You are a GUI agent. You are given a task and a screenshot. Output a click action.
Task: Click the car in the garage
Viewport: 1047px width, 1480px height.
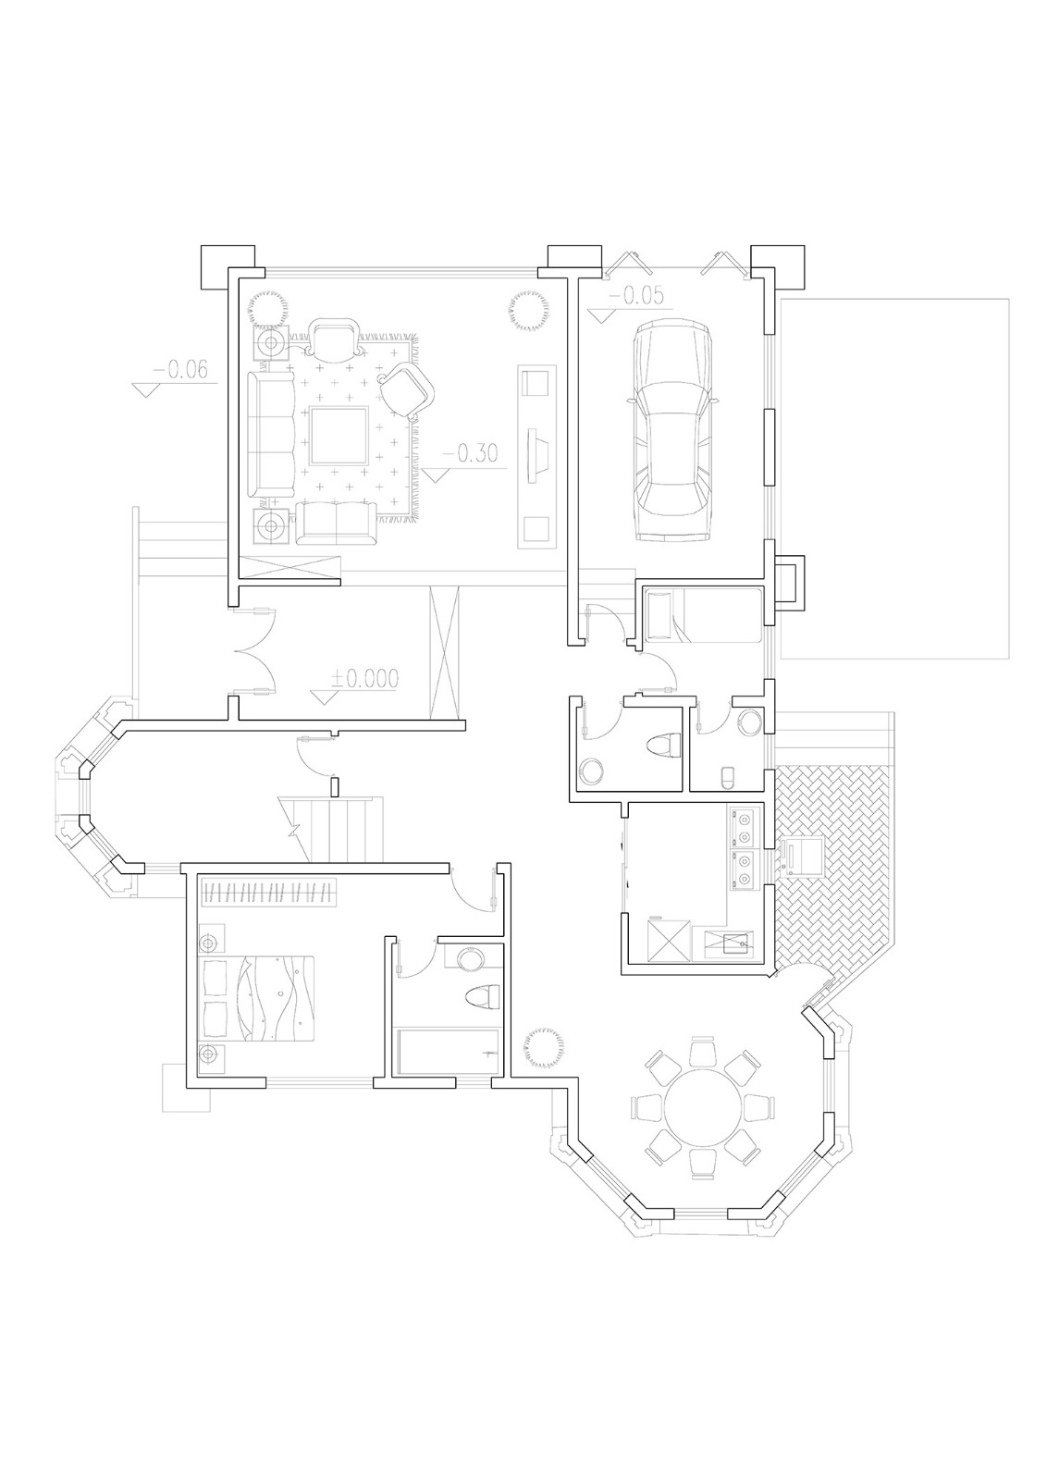tap(671, 430)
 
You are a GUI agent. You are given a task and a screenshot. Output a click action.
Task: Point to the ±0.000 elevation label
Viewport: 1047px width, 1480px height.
tap(364, 679)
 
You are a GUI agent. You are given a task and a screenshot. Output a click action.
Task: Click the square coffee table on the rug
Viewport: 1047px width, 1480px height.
tap(338, 435)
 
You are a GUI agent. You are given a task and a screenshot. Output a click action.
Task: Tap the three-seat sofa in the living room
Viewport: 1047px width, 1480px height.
tap(269, 434)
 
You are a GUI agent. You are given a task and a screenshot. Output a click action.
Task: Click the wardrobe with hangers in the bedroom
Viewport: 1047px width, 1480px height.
tap(268, 893)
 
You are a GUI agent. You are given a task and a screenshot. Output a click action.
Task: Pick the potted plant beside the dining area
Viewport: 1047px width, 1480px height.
tap(542, 1048)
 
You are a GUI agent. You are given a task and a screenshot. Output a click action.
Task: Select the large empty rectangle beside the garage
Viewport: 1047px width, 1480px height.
tap(893, 477)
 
